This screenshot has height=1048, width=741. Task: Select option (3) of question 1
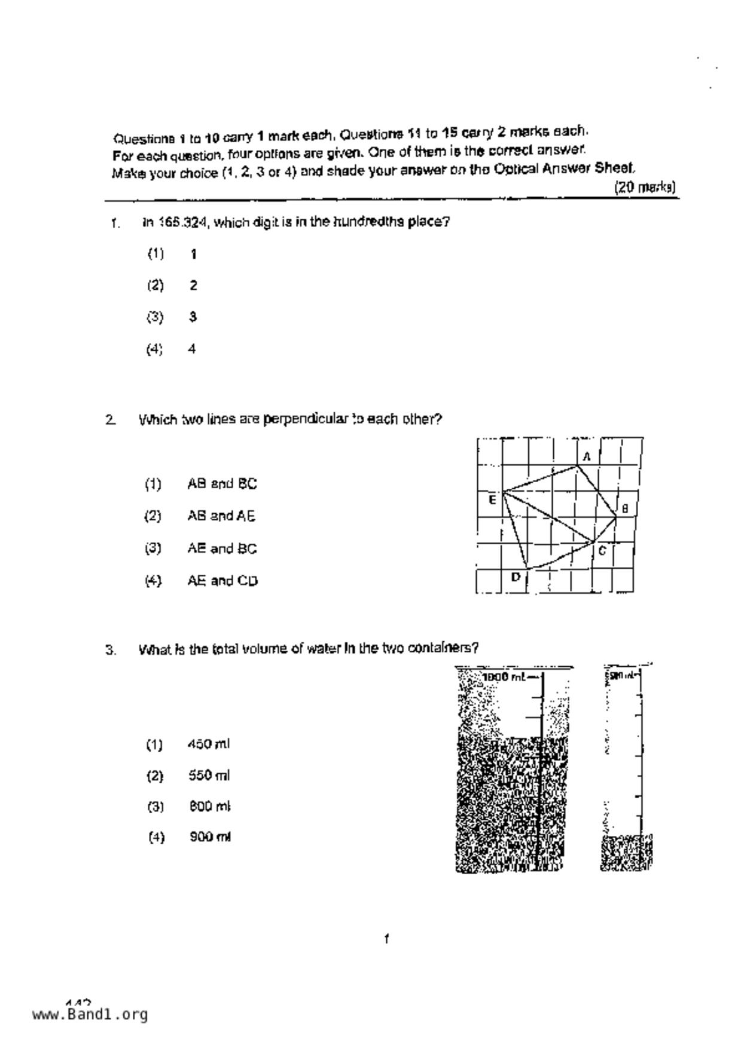193,317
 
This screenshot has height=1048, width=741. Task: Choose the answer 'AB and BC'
222,484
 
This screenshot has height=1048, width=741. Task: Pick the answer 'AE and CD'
222,581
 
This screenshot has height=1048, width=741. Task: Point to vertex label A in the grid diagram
587,457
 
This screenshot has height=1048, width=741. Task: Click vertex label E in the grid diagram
492,500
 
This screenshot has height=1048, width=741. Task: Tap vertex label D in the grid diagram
516,577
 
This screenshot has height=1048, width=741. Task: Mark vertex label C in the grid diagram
602,551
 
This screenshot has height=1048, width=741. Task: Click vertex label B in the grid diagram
625,509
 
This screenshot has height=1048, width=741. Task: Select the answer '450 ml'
208,744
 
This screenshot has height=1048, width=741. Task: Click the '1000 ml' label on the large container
504,677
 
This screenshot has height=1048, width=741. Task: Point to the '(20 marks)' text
645,188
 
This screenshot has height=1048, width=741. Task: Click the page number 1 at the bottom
387,939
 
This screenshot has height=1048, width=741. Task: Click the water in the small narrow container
626,853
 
